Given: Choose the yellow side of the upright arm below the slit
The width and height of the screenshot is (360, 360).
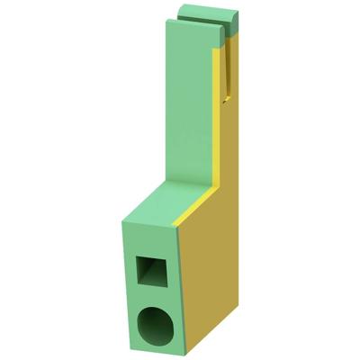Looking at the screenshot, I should pos(229,144).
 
